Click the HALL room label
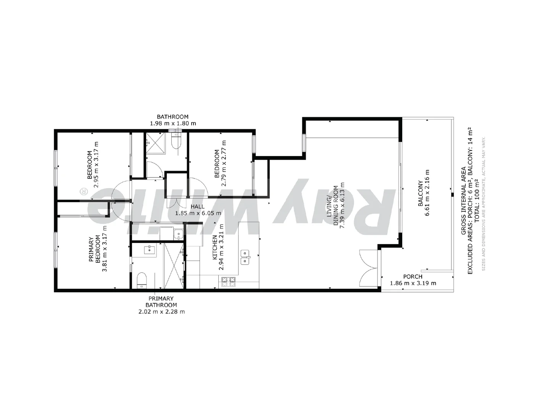coord(197,206)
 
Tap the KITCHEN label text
coord(215,248)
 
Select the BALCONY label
coord(420,193)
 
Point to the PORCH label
coord(413,277)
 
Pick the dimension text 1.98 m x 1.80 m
coord(173,124)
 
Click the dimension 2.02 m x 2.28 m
coord(161,312)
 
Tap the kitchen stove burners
coord(228,282)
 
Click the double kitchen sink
coord(245,257)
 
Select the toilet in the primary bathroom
coord(142,280)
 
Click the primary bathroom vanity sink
coord(150,250)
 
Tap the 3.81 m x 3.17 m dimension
coord(105,249)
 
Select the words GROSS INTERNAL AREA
coord(463,201)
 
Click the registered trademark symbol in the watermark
coord(83,192)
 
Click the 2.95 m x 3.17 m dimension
coord(96,164)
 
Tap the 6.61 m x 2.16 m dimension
coord(427,193)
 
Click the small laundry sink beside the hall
coord(178,234)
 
